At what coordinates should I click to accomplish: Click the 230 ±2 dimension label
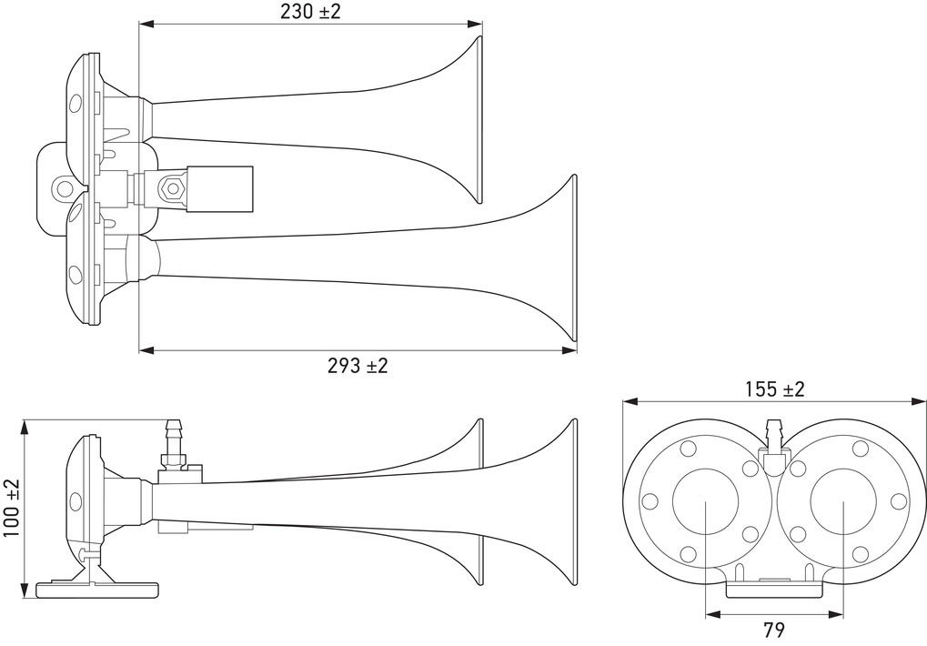(310, 12)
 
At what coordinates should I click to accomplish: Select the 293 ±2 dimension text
(358, 366)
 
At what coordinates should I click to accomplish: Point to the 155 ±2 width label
(774, 389)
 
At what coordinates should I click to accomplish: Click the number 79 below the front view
(774, 630)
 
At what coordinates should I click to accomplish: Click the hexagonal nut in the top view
(172, 188)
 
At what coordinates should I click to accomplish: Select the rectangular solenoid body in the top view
(219, 188)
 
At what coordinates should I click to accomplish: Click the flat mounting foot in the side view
(97, 590)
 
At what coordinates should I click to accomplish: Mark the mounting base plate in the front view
(774, 590)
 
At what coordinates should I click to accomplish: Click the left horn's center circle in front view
(705, 502)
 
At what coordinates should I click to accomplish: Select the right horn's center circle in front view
(843, 502)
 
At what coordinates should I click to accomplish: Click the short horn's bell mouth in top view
(479, 119)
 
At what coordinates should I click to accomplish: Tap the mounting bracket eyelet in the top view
(63, 188)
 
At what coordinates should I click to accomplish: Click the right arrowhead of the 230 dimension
(475, 25)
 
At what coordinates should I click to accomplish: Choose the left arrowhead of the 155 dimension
(630, 402)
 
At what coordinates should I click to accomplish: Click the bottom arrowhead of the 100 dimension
(25, 590)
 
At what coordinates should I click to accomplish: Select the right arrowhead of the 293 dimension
(569, 350)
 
